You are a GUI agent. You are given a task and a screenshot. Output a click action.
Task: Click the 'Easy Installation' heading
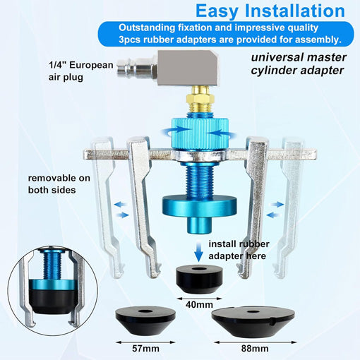(x=270, y=11)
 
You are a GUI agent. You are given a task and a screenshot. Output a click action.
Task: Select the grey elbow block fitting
(x=187, y=68)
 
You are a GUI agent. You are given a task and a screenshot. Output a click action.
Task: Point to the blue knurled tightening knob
(x=200, y=133)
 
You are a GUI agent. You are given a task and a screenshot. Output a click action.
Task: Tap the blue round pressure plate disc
(x=199, y=206)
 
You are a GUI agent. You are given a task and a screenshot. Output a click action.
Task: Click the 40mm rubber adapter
(x=199, y=279)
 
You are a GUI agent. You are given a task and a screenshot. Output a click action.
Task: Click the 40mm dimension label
(x=199, y=304)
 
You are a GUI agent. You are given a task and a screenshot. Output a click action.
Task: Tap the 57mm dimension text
(x=145, y=348)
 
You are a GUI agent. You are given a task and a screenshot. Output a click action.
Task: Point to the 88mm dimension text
(x=255, y=348)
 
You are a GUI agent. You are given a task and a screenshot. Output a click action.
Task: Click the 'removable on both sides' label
(x=59, y=184)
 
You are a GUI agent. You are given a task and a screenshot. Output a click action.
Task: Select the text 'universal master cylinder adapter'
(x=299, y=64)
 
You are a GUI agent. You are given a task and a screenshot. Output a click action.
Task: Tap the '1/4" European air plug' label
(x=80, y=71)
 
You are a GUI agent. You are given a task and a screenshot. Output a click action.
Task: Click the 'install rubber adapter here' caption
(x=239, y=250)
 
